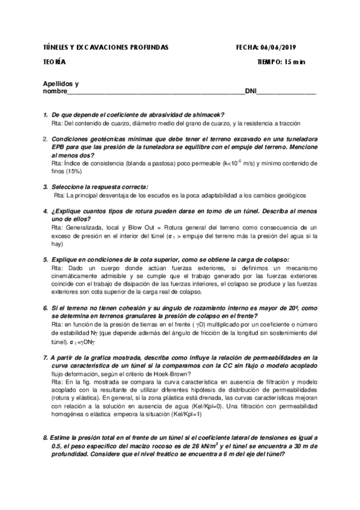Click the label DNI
(251, 91)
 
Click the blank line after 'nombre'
(156, 92)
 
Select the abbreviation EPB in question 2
(60, 146)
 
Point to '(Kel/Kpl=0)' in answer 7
(224, 405)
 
